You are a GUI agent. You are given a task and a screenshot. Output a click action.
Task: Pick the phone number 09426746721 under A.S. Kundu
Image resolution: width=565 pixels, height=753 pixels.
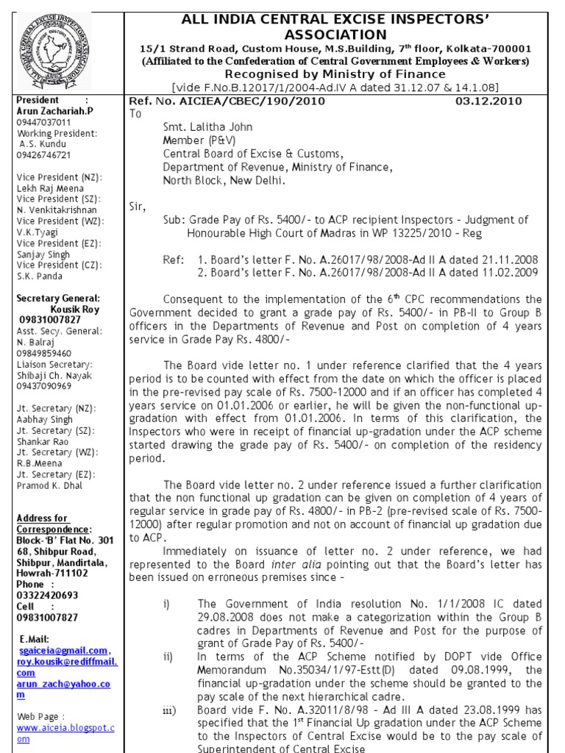coord(44,155)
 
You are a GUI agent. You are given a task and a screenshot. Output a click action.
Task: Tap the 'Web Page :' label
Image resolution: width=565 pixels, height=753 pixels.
coord(43,715)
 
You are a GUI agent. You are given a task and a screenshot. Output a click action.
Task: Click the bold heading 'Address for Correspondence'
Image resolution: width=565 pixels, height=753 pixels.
coord(54,524)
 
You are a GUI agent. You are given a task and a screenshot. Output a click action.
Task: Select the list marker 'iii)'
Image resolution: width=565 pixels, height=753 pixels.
coord(168,710)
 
